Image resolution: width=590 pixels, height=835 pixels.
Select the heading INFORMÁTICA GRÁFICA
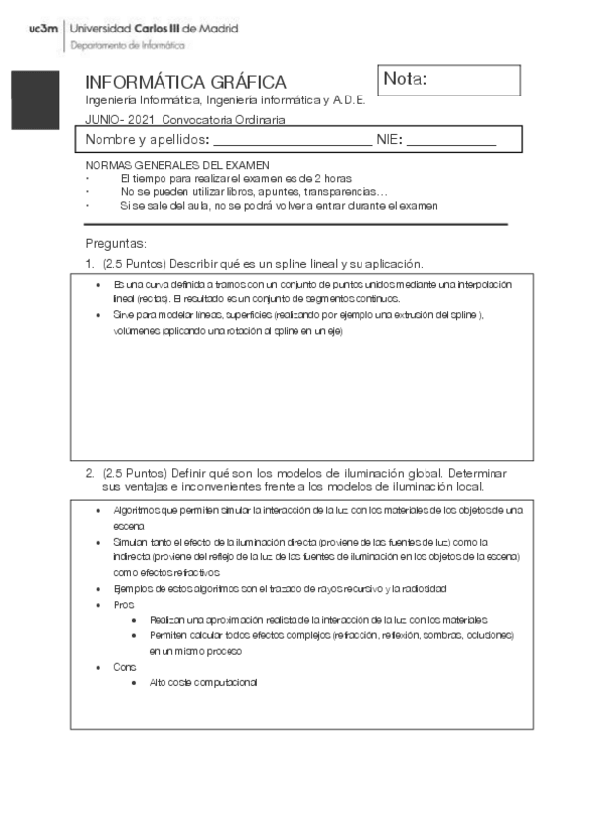pyautogui.click(x=185, y=82)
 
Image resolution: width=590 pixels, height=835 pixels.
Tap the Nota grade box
pyautogui.click(x=448, y=80)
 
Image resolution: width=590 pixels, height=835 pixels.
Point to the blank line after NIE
pyautogui.click(x=451, y=140)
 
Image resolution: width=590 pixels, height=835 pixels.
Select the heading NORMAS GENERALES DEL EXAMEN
pyautogui.click(x=177, y=166)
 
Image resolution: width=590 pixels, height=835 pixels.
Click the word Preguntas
pyautogui.click(x=115, y=243)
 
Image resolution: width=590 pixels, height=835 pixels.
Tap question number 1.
pyautogui.click(x=90, y=264)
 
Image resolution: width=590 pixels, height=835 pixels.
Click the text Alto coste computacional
pyautogui.click(x=203, y=682)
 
